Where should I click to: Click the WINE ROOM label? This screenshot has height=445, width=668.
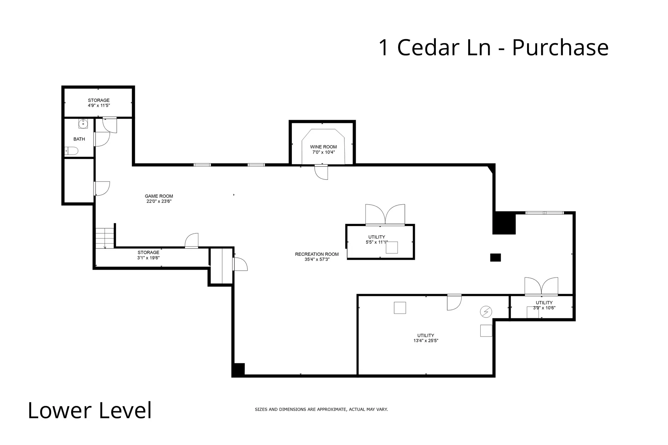323,147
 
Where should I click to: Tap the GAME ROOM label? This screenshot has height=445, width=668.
159,196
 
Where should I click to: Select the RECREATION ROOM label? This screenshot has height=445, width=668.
317,254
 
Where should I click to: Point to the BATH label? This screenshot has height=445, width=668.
79,139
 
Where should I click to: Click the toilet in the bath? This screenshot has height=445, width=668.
71,151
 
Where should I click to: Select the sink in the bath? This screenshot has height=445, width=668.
83,124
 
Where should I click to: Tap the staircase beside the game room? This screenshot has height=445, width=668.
105,238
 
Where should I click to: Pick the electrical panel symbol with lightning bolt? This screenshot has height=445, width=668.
486,312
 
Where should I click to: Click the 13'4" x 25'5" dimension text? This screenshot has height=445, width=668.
426,341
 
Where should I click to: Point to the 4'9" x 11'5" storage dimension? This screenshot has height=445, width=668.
99,105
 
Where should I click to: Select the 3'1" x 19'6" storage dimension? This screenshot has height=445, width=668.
148,258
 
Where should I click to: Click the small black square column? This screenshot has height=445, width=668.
495,257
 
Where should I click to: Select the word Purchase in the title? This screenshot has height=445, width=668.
560,47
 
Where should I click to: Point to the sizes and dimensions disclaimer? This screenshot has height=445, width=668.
321,409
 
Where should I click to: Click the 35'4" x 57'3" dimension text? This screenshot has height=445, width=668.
317,259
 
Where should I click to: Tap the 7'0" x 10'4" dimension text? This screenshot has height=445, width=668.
323,152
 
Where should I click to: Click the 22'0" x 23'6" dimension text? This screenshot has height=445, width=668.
159,201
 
